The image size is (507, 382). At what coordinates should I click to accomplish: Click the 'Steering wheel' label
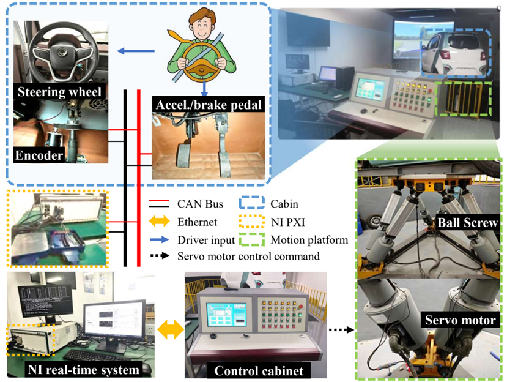[x=59, y=92]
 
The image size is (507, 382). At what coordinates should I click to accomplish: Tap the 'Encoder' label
[x=39, y=155]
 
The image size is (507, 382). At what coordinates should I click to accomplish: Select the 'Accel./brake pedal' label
[x=209, y=105]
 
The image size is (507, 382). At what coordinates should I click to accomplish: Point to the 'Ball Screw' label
[x=467, y=222]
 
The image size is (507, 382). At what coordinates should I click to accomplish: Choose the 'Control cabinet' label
[x=259, y=370]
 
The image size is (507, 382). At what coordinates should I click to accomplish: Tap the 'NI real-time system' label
[x=83, y=370]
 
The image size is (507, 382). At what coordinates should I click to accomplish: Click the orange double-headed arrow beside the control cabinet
[x=171, y=329]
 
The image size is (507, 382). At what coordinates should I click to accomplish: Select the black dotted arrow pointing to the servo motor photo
[x=341, y=330]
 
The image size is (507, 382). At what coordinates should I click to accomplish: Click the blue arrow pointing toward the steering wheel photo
[x=136, y=51]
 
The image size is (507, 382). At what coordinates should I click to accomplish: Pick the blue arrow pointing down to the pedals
[x=204, y=89]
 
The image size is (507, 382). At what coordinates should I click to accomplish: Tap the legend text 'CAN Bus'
[x=200, y=204]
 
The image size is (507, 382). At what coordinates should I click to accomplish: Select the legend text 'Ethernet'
[x=198, y=222]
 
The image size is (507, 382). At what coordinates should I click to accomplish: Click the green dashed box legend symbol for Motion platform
[x=251, y=240]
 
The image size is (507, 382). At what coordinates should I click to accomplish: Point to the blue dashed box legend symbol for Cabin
[x=251, y=203]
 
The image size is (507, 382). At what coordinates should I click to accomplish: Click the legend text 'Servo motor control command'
[x=248, y=257]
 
